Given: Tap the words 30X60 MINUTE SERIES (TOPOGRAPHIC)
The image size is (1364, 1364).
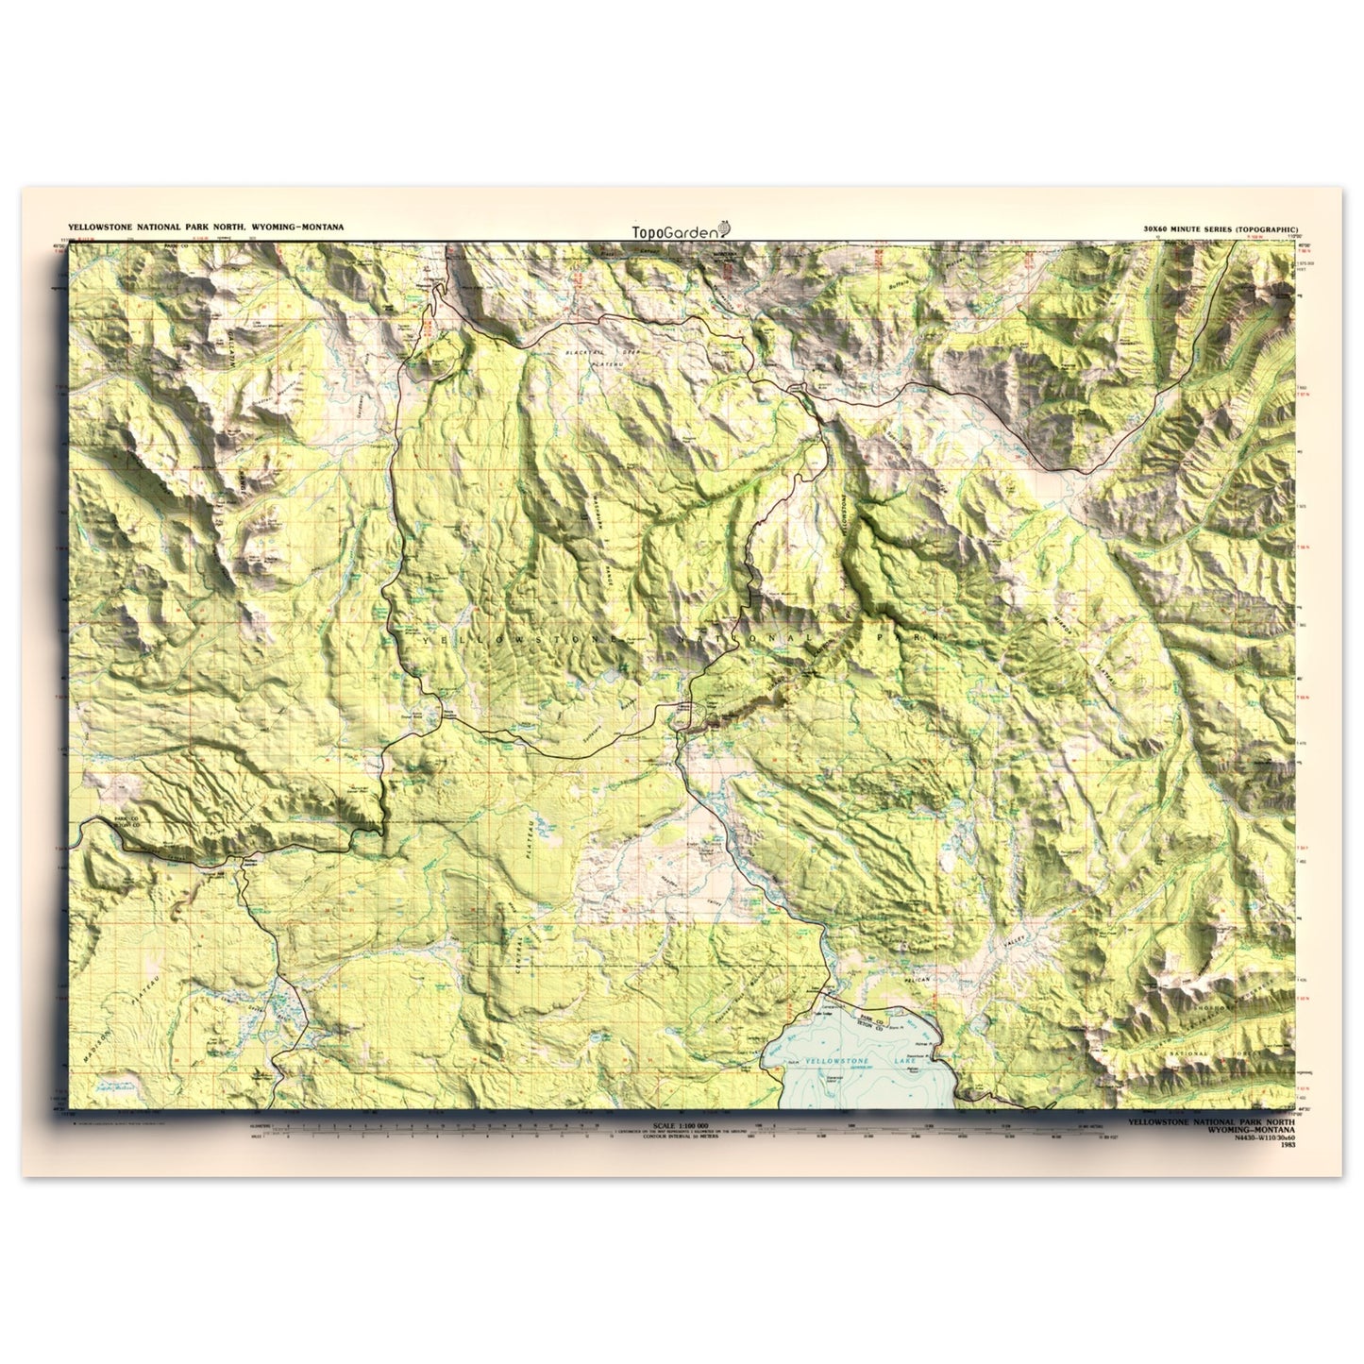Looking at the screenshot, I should tap(1220, 229).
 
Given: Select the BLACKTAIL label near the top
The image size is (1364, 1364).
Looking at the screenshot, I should tap(583, 352).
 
